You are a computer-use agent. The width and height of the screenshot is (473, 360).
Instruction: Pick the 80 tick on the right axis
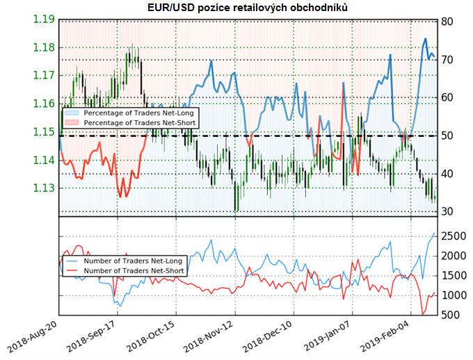448,22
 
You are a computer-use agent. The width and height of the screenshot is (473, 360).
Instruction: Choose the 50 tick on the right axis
448,136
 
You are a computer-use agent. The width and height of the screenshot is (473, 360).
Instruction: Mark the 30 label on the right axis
448,211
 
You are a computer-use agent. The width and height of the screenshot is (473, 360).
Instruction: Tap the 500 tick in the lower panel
452,315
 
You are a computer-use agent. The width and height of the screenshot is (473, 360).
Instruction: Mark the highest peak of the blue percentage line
426,39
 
